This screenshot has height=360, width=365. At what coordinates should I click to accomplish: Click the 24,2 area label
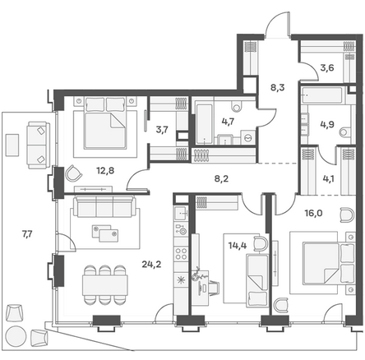point(151,265)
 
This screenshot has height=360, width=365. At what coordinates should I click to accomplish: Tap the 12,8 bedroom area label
point(105,171)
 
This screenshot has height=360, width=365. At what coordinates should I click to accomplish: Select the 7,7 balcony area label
point(27,234)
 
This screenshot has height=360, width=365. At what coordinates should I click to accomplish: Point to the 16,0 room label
point(313,213)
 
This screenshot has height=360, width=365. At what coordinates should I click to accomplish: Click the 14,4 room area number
point(238,246)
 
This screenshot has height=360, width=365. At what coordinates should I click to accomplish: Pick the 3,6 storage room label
point(327,67)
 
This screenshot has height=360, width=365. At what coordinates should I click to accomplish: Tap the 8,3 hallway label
point(277,88)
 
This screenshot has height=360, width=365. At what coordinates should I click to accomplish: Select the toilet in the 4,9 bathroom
point(345,132)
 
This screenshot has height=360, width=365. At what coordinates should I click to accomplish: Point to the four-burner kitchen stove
point(181,253)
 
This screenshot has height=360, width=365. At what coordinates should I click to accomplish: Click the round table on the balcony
point(16,336)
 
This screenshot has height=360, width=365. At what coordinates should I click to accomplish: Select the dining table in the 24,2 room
point(105,285)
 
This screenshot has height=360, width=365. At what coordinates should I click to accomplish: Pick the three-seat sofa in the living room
point(104,206)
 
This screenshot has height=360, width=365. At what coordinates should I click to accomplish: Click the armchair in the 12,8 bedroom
point(73,173)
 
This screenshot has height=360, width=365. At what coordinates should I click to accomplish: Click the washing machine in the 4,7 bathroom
point(247,137)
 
